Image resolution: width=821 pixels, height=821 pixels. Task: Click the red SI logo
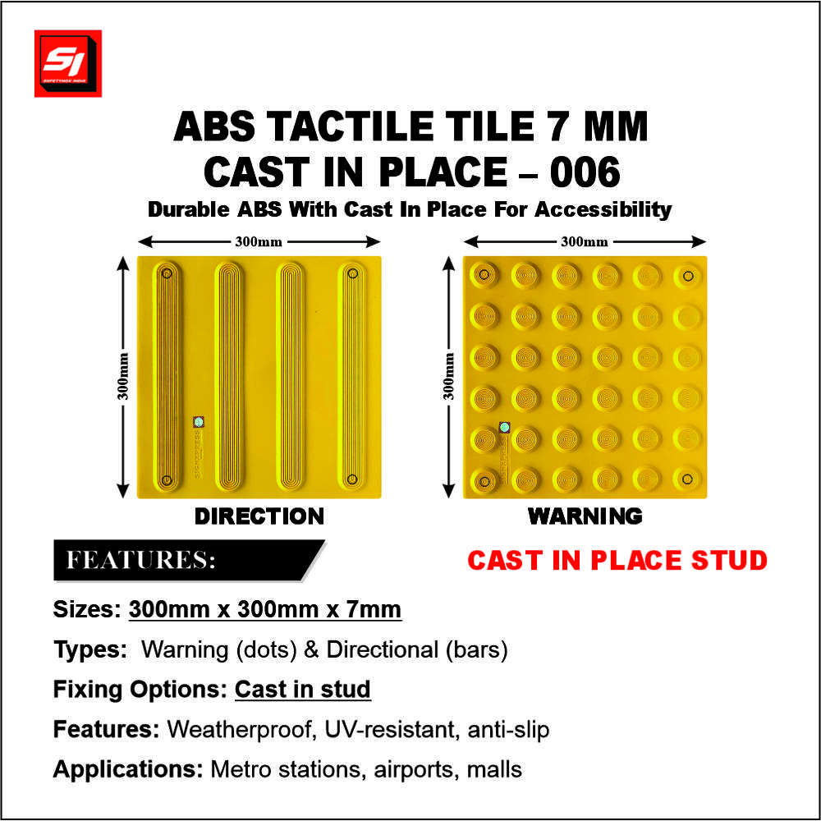67,63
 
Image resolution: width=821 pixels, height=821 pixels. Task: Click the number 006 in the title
584,172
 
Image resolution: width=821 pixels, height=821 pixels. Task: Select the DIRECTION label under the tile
259,516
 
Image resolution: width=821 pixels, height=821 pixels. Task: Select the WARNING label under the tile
585,516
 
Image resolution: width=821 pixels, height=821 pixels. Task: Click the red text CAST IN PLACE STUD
617,561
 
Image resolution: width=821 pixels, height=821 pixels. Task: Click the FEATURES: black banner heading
141,561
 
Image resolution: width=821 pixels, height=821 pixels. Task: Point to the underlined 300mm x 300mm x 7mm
265,610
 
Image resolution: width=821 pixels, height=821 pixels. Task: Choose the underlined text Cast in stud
303,689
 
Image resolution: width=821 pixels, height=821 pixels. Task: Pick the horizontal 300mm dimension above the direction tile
259,241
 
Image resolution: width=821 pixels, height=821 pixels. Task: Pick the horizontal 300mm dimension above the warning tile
585,241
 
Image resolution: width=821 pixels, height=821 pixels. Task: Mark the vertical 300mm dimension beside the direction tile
123,377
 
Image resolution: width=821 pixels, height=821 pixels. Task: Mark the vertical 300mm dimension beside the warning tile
449,377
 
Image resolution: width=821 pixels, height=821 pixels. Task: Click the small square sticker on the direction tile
199,422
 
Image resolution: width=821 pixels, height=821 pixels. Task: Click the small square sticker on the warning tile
505,427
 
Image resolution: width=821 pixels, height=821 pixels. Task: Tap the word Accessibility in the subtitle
603,209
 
